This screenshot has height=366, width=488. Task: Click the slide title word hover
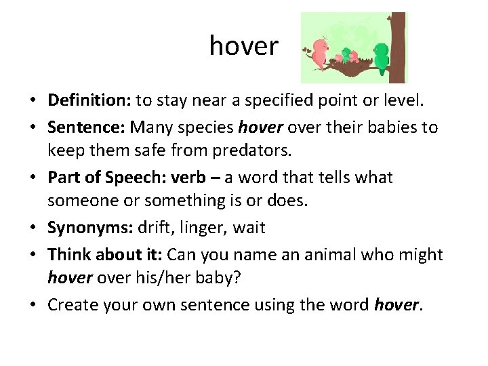[x=243, y=46]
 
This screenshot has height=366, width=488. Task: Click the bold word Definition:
[x=89, y=101]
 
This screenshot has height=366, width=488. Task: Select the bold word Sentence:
[x=86, y=127]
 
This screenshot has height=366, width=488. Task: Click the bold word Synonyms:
[x=90, y=228]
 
